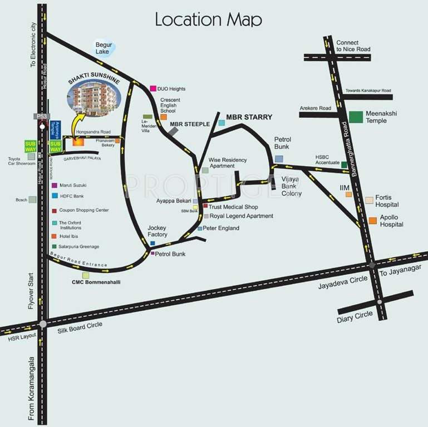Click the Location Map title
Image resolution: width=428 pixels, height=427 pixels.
coord(208,19)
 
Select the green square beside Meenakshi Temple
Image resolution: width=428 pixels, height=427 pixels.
coord(356,117)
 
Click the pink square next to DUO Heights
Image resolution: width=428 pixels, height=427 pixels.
coord(153,88)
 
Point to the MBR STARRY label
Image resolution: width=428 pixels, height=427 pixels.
coord(249,117)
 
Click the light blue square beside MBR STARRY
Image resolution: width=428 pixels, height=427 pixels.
coord(222,122)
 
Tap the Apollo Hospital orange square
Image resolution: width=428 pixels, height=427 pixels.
coord(372,221)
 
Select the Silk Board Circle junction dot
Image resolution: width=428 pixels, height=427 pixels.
coord(43,324)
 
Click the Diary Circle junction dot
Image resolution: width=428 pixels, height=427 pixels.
coord(379,302)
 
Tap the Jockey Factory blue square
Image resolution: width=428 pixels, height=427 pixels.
coord(152,243)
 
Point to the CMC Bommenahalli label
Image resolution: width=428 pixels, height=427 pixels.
coord(96,282)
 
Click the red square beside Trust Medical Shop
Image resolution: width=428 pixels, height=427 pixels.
coord(205,206)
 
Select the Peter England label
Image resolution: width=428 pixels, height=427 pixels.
coord(221,229)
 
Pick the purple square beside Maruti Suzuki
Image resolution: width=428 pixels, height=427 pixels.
coord(54,185)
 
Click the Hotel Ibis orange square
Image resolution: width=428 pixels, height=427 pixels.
coord(54,236)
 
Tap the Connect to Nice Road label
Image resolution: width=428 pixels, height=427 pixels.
coord(353,46)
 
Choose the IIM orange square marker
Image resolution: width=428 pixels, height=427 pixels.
coord(348,195)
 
